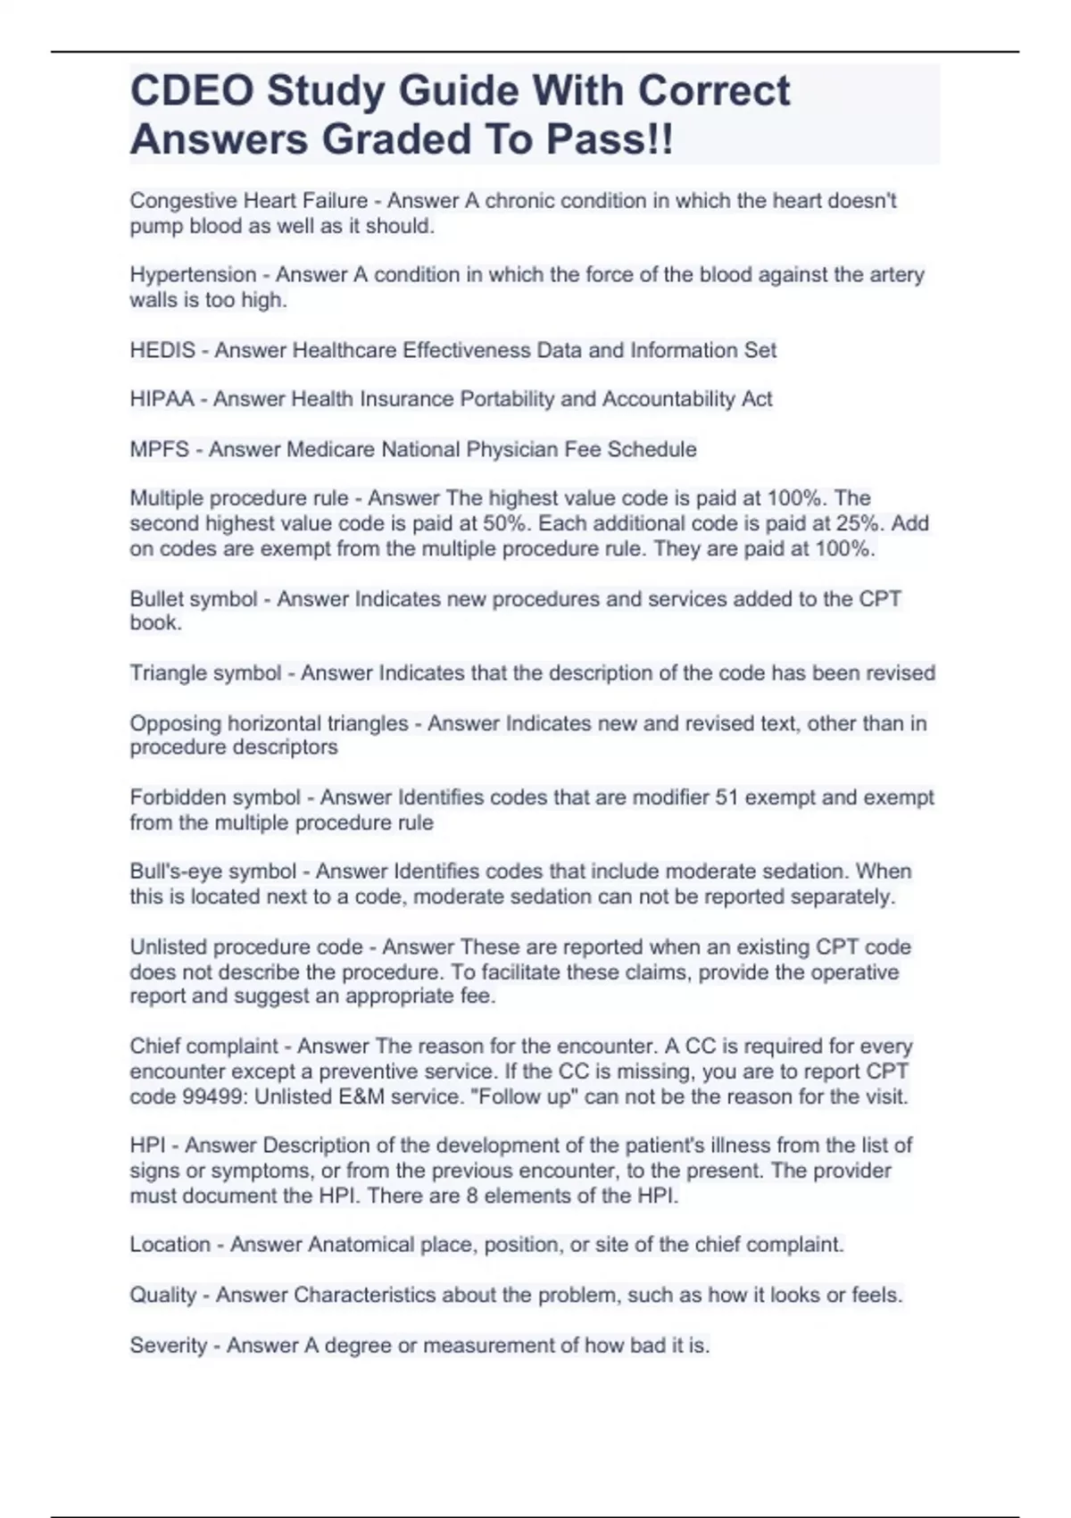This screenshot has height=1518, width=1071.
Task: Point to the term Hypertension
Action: (x=193, y=275)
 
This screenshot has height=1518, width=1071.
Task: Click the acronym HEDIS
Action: (x=162, y=350)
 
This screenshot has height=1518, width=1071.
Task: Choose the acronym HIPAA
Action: (x=162, y=399)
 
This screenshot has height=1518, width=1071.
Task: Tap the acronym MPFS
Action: (x=160, y=449)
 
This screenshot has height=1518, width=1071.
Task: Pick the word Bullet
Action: (x=161, y=598)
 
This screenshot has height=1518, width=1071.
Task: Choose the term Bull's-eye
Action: (x=169, y=872)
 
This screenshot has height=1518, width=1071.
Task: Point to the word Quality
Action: (x=162, y=1295)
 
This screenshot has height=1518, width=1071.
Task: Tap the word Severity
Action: (x=168, y=1345)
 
